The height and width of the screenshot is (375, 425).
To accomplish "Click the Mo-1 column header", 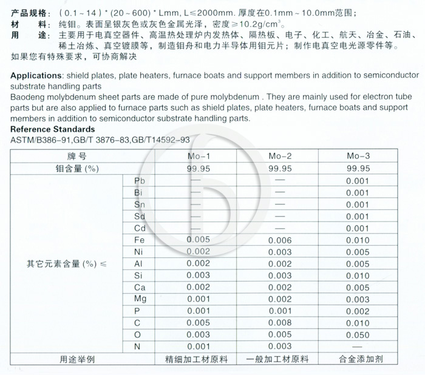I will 199,156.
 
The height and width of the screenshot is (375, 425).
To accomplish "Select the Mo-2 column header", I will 280,156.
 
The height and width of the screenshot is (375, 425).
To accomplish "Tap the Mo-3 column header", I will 358,156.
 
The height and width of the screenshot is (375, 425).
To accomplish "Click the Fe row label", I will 139,240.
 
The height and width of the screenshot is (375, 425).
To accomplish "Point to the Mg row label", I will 141,299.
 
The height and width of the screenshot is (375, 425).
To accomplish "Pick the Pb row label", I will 140,181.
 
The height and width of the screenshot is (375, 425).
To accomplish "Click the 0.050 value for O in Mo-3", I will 358,334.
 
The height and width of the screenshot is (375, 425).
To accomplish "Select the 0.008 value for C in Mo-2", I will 280,323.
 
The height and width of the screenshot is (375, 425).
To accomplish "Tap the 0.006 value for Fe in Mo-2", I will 280,240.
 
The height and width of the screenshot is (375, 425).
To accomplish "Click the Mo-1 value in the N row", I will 199,346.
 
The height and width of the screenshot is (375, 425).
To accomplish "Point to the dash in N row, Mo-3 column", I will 358,346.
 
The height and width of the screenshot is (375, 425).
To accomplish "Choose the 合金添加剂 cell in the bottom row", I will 358,359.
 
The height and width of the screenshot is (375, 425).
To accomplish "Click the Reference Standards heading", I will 53,129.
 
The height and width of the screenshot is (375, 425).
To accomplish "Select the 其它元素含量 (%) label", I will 66,264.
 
